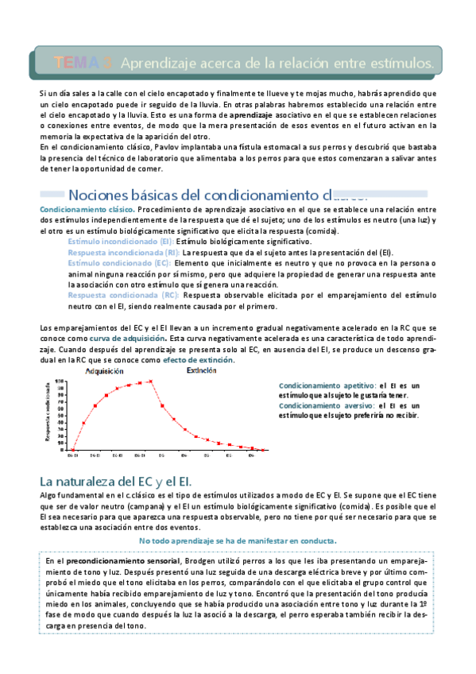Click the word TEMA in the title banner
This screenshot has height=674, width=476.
coord(75,61)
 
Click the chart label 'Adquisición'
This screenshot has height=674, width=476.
coord(103,371)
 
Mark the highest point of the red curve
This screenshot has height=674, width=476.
coord(149,382)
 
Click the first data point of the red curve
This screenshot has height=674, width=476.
coord(72,449)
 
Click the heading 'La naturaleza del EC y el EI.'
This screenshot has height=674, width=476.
coord(116,482)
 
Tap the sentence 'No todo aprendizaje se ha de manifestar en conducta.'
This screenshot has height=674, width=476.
coord(237,540)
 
